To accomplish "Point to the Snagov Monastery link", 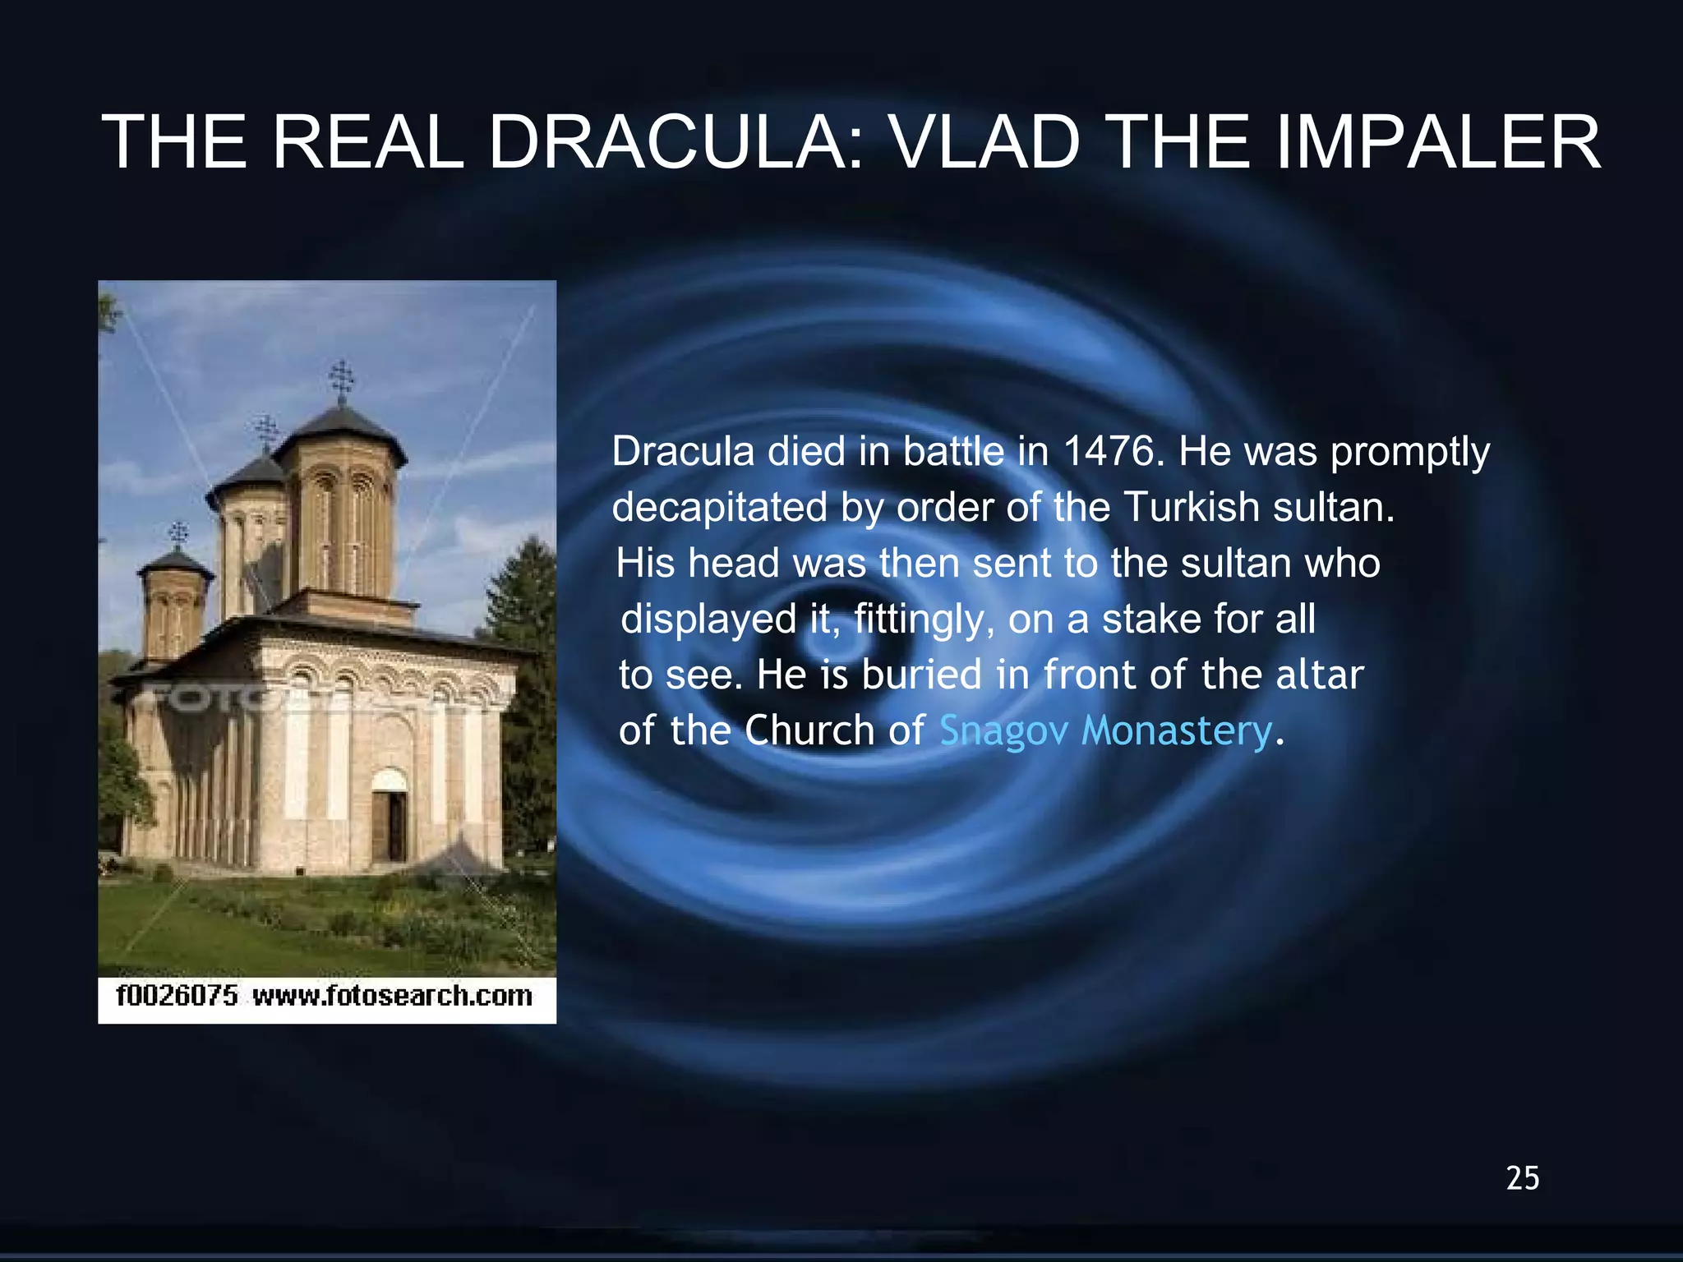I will click(x=1105, y=730).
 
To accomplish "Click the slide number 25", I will click(x=1523, y=1178).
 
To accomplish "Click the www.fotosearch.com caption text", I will click(x=393, y=996).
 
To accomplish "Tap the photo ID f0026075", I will click(x=177, y=996).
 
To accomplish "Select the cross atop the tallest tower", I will click(x=341, y=378).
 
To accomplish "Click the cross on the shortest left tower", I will click(x=178, y=534).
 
